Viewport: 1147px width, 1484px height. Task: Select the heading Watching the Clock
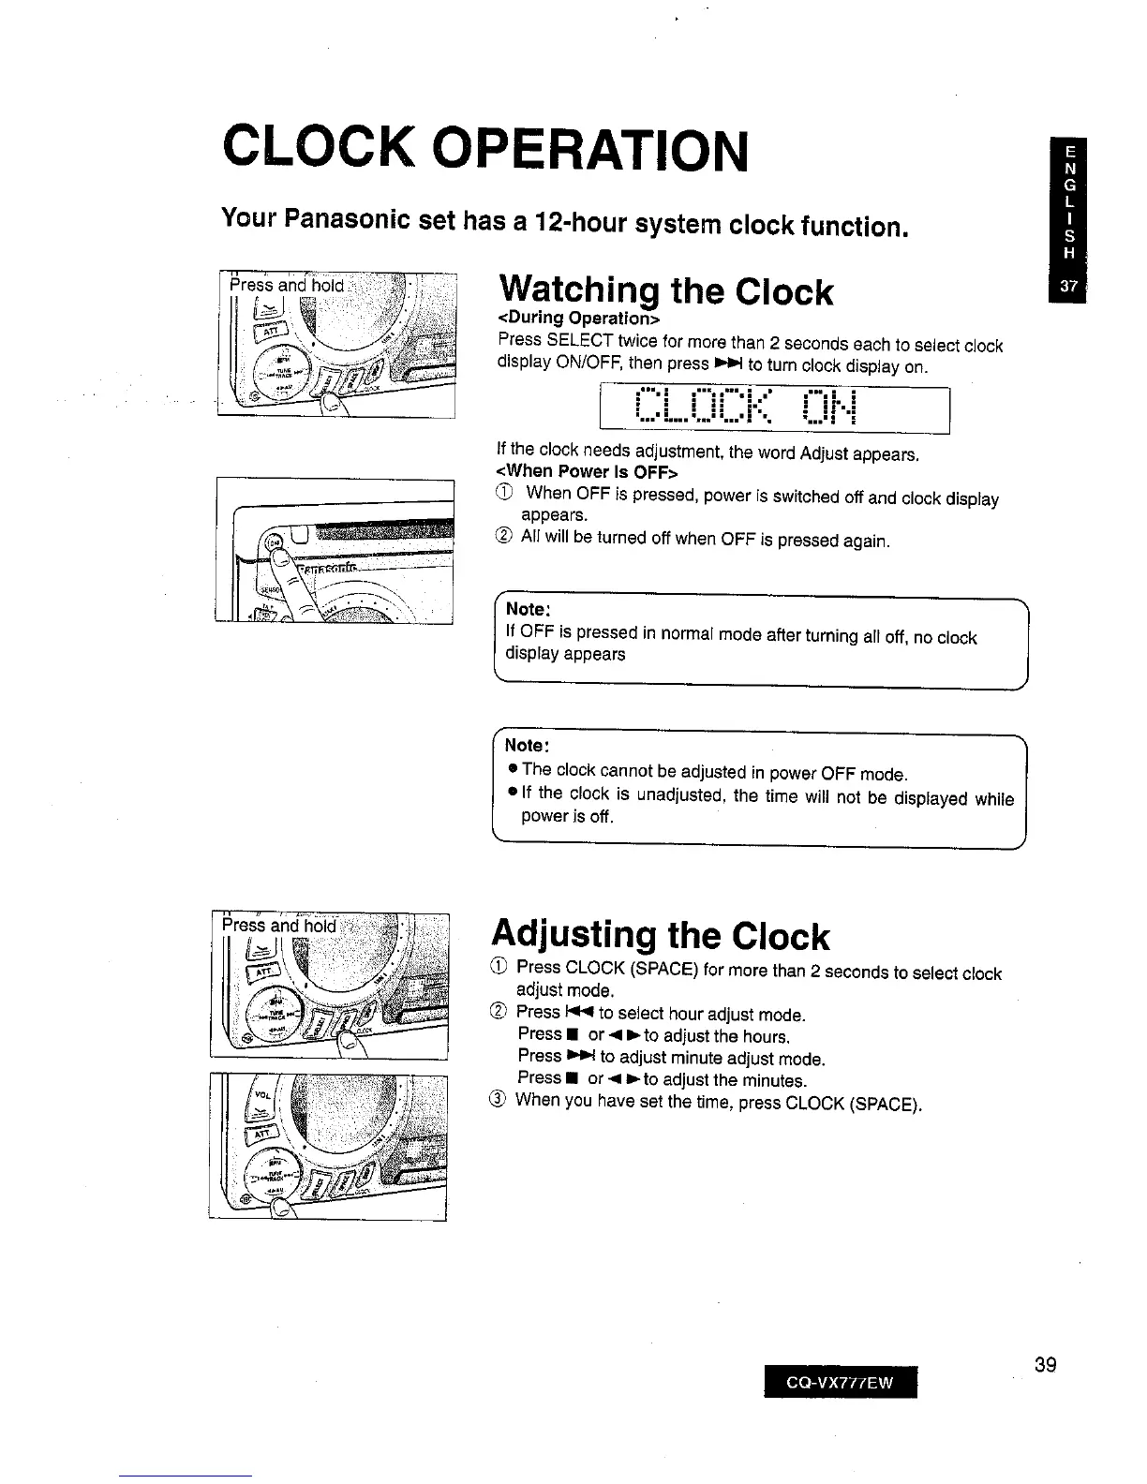click(x=665, y=291)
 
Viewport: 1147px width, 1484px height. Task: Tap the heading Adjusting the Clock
click(x=660, y=935)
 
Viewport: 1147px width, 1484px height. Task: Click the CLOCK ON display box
click(x=773, y=409)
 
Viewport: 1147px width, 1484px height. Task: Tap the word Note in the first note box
click(x=526, y=609)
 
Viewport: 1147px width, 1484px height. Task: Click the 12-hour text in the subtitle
click(x=588, y=223)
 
